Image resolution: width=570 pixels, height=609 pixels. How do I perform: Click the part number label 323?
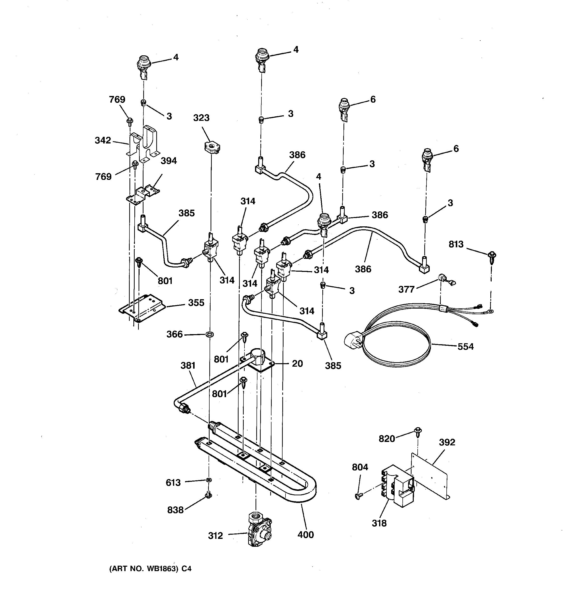(201, 118)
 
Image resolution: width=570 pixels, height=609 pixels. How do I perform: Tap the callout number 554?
(465, 347)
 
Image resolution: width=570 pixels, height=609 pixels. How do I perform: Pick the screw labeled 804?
(358, 496)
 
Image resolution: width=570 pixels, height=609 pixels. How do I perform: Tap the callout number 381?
(188, 365)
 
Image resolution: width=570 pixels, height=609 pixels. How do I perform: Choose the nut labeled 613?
(209, 479)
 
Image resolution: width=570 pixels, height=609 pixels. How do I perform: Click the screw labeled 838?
(208, 494)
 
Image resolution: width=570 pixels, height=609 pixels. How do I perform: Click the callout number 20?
(297, 364)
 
